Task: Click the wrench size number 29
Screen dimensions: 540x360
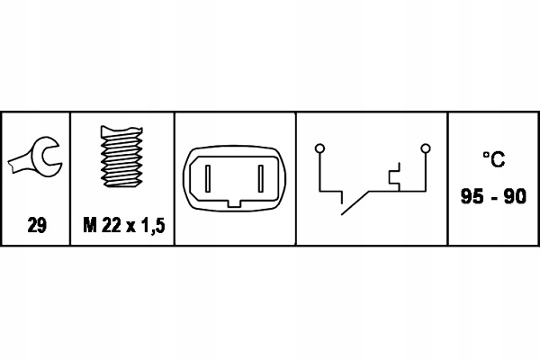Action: (x=37, y=225)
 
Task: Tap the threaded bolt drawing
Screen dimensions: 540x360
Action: (x=121, y=157)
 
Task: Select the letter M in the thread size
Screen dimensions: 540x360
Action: (x=89, y=225)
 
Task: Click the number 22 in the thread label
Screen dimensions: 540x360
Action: (x=112, y=225)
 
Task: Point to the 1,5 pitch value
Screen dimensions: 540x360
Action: (x=153, y=226)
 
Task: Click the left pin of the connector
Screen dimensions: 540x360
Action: (x=208, y=178)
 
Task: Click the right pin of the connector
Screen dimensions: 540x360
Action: (x=261, y=178)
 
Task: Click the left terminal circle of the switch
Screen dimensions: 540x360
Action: (x=319, y=148)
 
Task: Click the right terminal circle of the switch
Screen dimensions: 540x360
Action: (x=426, y=148)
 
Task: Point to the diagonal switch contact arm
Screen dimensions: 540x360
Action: (x=355, y=202)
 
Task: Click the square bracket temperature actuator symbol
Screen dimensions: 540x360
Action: (x=395, y=176)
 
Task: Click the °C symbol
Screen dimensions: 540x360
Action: (x=494, y=159)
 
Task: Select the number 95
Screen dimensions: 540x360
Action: (x=472, y=196)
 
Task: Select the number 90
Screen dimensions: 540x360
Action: (x=515, y=196)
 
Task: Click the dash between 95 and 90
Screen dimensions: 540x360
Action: (x=494, y=198)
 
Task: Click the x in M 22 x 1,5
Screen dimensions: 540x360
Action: (x=131, y=227)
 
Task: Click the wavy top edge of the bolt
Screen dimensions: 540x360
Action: (x=121, y=129)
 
